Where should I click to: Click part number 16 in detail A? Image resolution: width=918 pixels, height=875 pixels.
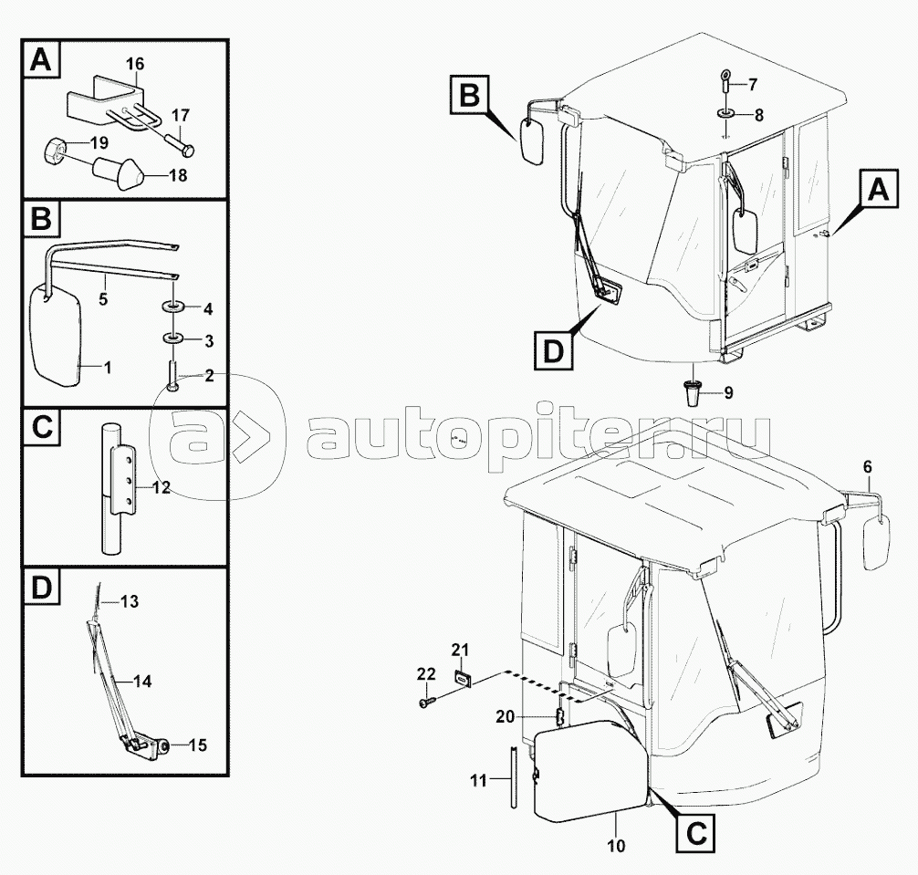[x=135, y=64]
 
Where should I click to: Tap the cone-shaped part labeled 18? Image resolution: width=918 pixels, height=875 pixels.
[x=119, y=170]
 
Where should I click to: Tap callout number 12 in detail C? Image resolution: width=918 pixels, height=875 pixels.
[x=161, y=487]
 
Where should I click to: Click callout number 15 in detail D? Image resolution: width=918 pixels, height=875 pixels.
[x=197, y=745]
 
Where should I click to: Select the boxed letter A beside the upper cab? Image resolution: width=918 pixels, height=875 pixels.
[x=876, y=191]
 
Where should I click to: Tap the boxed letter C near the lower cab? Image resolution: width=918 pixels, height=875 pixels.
[x=695, y=832]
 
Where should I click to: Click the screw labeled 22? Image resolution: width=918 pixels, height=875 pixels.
[x=426, y=703]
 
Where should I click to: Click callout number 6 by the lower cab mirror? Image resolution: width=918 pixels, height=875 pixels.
[x=868, y=467]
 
